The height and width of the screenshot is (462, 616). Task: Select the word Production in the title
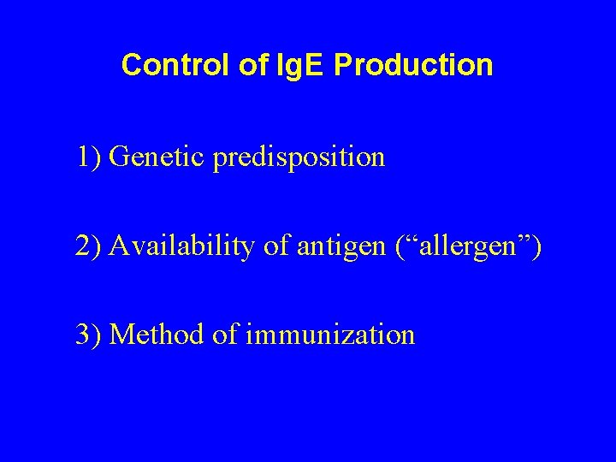tap(414, 65)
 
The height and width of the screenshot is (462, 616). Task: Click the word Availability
tap(179, 247)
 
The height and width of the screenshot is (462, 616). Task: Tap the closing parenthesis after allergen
tap(536, 247)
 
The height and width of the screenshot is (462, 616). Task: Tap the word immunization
tap(329, 334)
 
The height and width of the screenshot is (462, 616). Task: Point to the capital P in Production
tap(344, 65)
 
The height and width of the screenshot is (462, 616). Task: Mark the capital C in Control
tap(131, 65)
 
